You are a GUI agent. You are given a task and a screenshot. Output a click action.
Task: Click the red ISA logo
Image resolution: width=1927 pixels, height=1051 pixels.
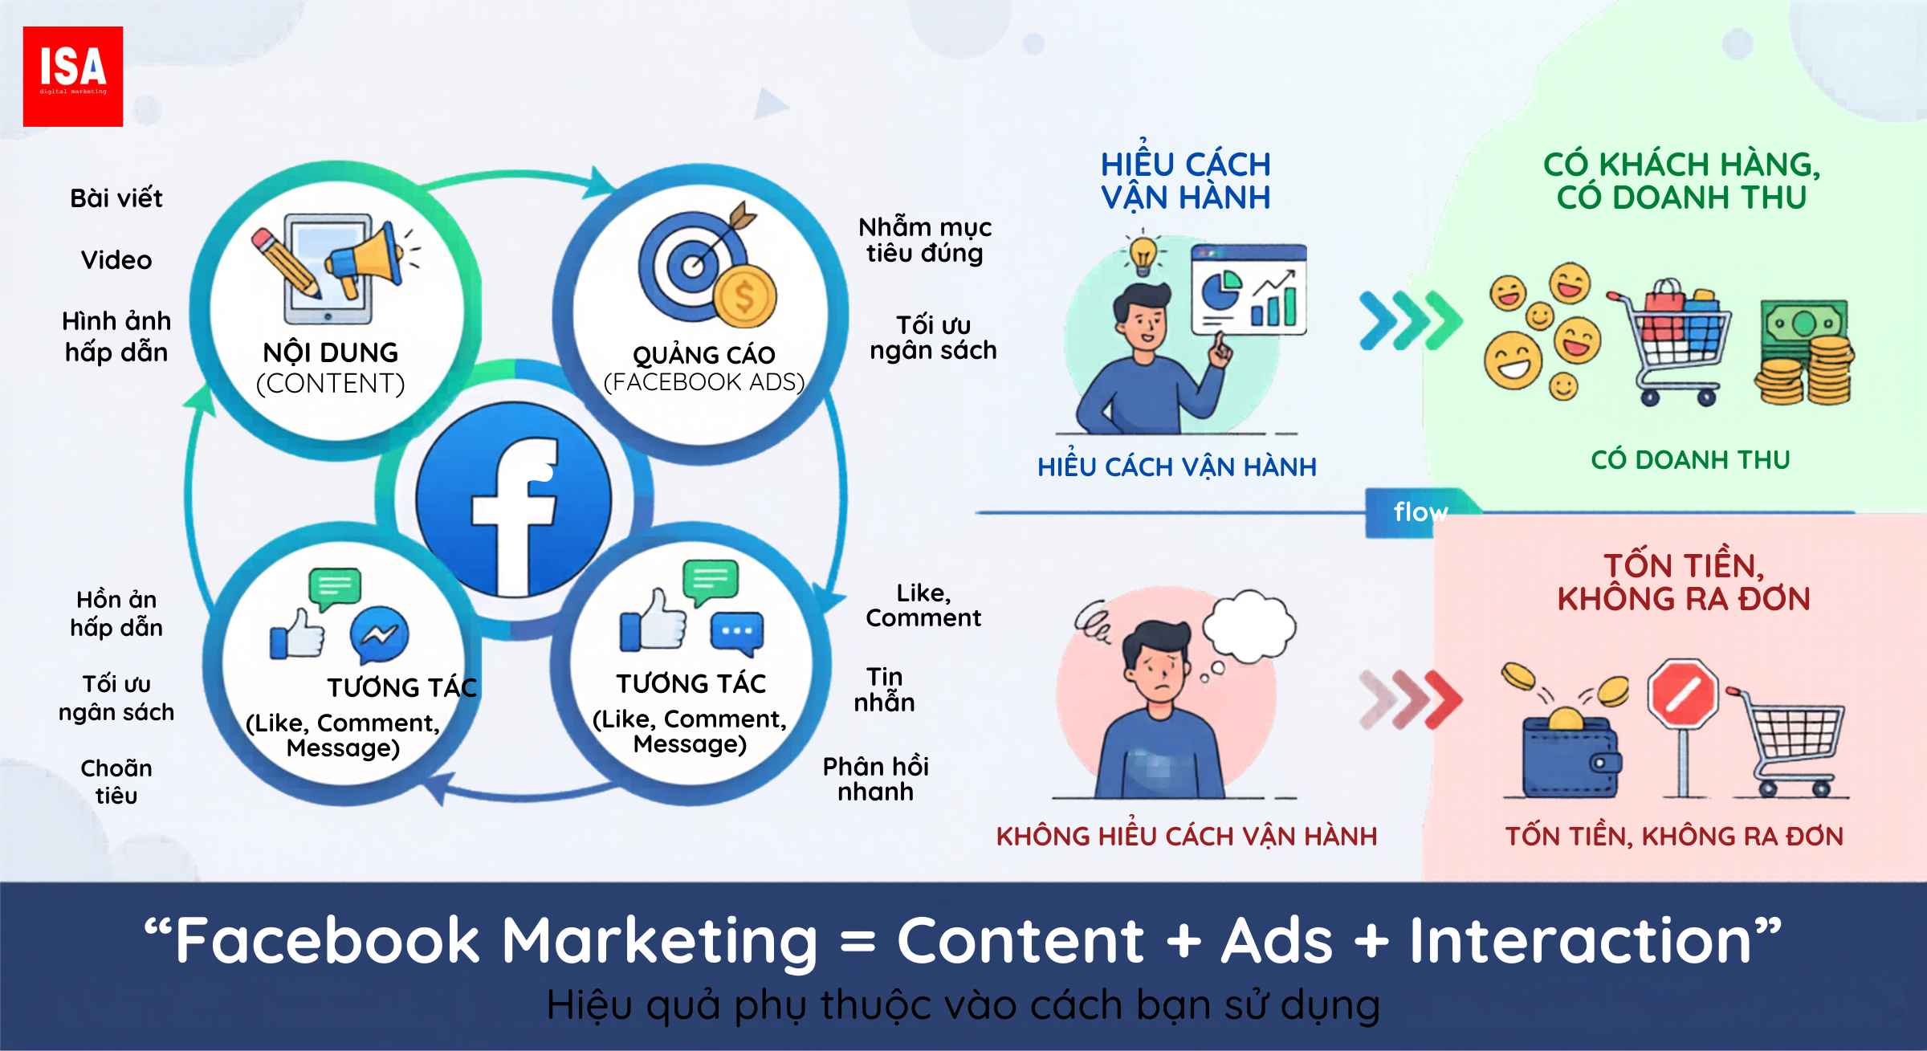click(x=73, y=76)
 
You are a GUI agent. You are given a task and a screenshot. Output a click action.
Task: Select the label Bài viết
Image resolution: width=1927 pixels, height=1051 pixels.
click(x=116, y=198)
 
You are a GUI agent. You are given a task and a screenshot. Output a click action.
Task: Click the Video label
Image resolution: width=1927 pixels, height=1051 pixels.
click(x=116, y=259)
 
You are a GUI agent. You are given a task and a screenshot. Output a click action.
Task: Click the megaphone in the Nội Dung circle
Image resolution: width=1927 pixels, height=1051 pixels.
click(x=365, y=259)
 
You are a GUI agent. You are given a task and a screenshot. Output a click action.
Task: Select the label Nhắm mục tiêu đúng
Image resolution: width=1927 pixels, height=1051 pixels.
click(x=925, y=240)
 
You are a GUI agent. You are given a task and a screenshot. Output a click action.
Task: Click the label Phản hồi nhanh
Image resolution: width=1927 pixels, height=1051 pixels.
click(x=876, y=779)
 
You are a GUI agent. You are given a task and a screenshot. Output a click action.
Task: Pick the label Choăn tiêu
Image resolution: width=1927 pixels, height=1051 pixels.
click(x=116, y=781)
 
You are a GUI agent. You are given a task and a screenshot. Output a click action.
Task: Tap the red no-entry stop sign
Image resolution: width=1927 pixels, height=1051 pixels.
click(x=1683, y=695)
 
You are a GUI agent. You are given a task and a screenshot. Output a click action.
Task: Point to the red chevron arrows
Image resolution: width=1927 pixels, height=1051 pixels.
click(x=1410, y=698)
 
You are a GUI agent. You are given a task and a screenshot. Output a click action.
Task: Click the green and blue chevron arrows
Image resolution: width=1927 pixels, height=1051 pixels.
click(x=1411, y=320)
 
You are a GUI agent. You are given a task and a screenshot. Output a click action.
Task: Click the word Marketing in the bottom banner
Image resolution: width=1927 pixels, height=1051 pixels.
click(x=659, y=942)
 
